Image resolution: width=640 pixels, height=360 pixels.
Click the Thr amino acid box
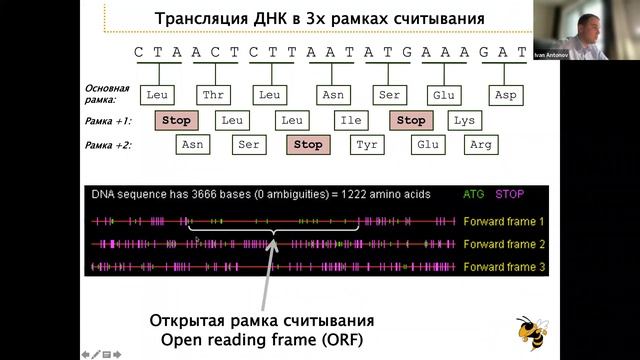(x=212, y=95)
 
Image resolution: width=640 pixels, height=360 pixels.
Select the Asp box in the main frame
(x=505, y=95)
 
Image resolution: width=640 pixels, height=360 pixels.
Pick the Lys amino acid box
(x=463, y=120)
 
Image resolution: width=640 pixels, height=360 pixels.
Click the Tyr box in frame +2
(x=366, y=144)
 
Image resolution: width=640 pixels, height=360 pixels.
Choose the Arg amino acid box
(x=482, y=144)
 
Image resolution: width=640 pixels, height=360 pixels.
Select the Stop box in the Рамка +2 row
(x=308, y=144)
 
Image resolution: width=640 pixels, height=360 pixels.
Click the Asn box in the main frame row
(x=331, y=95)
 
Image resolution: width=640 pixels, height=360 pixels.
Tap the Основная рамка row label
(x=107, y=94)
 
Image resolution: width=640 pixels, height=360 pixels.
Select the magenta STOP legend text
(x=510, y=193)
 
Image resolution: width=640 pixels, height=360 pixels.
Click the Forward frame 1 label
(x=504, y=220)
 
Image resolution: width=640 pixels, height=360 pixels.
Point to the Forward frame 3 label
(x=504, y=266)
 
